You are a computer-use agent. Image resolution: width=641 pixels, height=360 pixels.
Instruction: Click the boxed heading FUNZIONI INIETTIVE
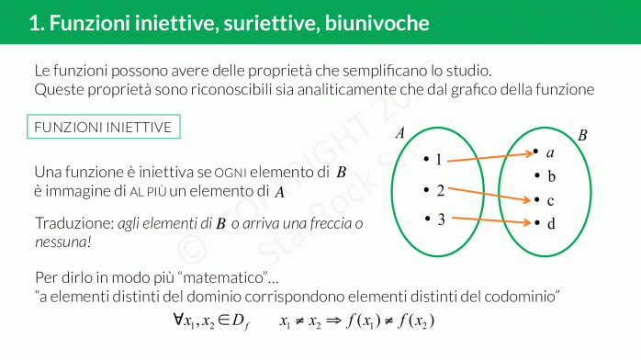[x=102, y=127]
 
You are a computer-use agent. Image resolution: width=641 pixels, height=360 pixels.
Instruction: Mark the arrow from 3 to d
[x=491, y=220]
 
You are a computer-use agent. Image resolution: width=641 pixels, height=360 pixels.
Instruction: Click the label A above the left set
[x=399, y=133]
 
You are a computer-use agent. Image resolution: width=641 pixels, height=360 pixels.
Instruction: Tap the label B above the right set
[x=582, y=135]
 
